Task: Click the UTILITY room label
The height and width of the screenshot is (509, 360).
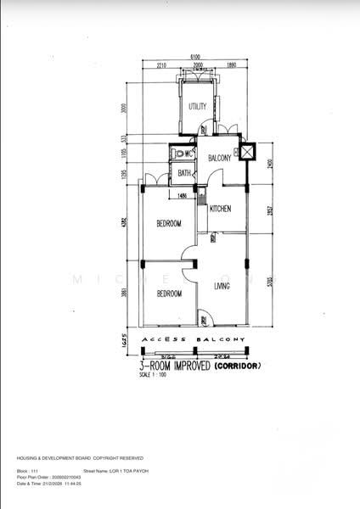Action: pyautogui.click(x=198, y=106)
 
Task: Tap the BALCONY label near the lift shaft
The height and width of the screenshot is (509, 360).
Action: pyautogui.click(x=220, y=158)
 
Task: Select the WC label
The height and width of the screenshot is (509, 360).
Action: pyautogui.click(x=189, y=154)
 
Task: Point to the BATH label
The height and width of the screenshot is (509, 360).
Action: pyautogui.click(x=184, y=174)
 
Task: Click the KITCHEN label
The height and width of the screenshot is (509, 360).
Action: pyautogui.click(x=220, y=209)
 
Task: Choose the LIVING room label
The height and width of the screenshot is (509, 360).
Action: pyautogui.click(x=222, y=287)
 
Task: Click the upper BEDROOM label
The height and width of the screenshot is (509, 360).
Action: pyautogui.click(x=168, y=224)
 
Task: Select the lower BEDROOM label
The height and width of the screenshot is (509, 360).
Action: pyautogui.click(x=168, y=294)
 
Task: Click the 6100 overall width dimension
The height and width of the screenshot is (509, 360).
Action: pyautogui.click(x=194, y=57)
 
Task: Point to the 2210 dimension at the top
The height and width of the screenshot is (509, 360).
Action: pyautogui.click(x=160, y=64)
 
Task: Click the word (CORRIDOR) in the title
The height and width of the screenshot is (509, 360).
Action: pyautogui.click(x=238, y=366)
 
